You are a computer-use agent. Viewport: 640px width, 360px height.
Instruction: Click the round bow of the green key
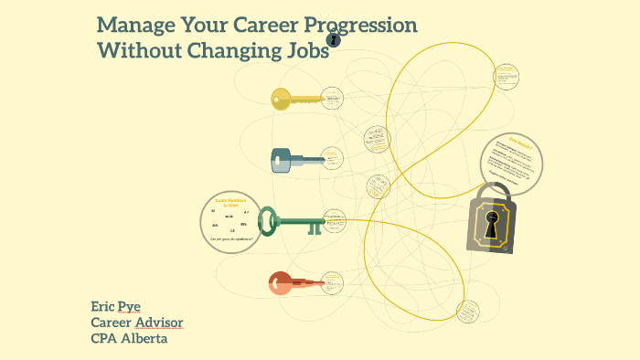tap(267, 219)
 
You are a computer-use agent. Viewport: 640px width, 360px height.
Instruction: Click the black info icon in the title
tap(334, 40)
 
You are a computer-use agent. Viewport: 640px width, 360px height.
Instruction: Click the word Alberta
tap(143, 338)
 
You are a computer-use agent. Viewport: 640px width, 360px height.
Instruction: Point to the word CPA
tap(105, 338)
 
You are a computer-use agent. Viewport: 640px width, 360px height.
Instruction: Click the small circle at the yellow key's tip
tap(334, 98)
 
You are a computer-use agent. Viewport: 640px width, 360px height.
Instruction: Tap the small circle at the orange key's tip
tap(333, 282)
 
